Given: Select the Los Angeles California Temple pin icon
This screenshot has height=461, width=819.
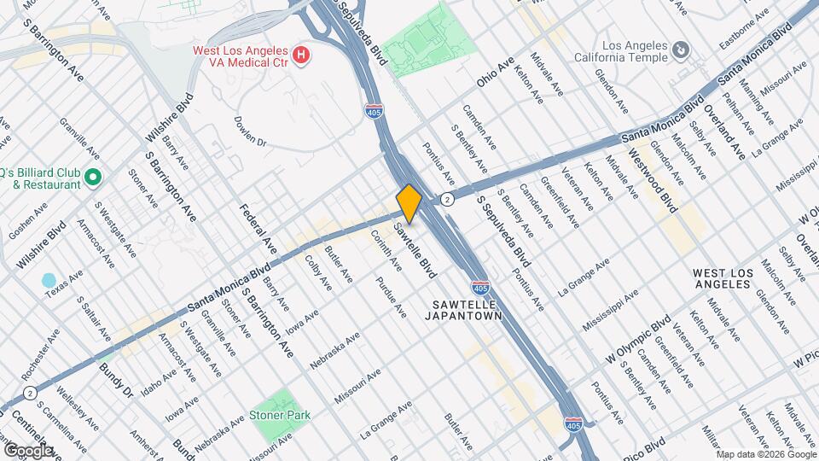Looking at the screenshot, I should pos(680,51).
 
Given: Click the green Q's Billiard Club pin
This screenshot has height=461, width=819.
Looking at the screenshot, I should pos(93,178).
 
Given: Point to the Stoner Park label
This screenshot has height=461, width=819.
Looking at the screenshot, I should pos(280,415).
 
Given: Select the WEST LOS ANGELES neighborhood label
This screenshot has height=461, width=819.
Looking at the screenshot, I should pos(723,278).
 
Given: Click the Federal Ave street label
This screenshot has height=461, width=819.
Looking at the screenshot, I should pos(258,229).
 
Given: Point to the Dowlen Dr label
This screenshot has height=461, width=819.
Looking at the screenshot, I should pos(250,131).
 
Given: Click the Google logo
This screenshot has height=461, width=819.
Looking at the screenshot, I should pos(27,450).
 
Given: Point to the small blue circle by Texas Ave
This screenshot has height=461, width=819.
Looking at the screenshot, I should pos(49,280).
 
